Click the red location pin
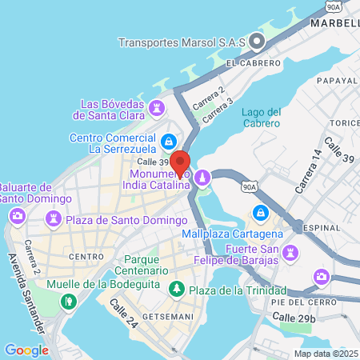[180, 162]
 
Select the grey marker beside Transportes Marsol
[257, 41]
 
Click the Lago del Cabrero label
[261, 117]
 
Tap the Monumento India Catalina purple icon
[203, 175]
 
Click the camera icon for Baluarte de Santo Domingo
[16, 216]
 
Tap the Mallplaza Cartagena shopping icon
[259, 213]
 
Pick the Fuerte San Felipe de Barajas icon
[291, 253]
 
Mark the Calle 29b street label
[295, 318]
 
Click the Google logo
[26, 350]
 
